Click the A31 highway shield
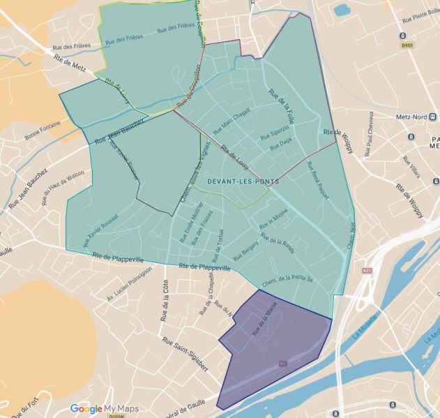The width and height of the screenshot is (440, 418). tap(367, 271)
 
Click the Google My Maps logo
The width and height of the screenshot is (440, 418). tap(104, 409)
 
